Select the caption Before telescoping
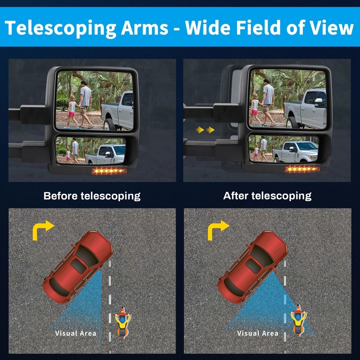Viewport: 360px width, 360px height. click(x=92, y=196)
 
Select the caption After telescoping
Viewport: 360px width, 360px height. click(x=267, y=196)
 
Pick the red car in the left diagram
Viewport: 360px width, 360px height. click(x=77, y=266)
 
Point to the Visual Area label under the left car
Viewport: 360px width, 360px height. click(x=76, y=333)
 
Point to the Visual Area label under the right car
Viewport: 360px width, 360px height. click(x=258, y=333)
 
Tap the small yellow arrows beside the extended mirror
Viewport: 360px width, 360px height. click(x=205, y=130)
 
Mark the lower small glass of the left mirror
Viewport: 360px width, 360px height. click(x=90, y=150)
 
